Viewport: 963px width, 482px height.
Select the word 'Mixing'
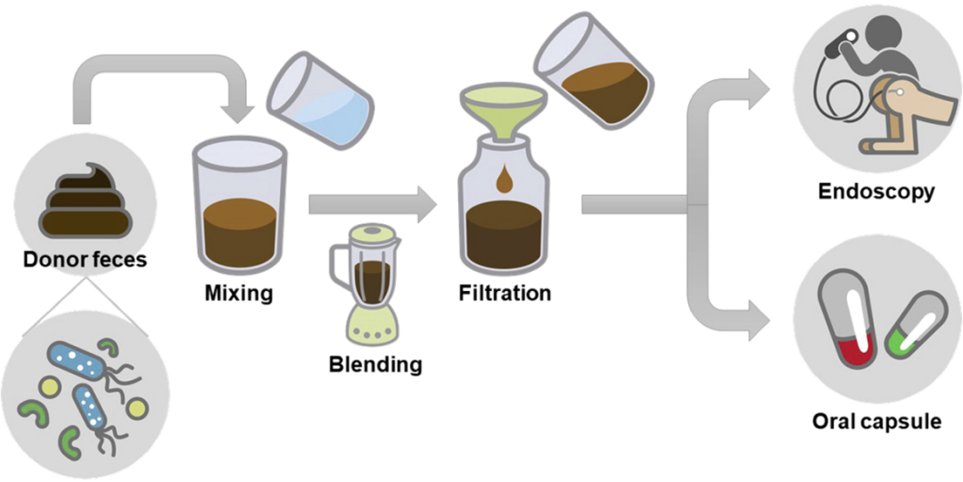pyautogui.click(x=238, y=293)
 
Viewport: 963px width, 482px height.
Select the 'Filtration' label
pyautogui.click(x=505, y=292)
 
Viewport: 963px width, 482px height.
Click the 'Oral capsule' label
pyautogui.click(x=877, y=421)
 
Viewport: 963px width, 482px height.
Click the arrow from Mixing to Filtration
pyautogui.click(x=372, y=203)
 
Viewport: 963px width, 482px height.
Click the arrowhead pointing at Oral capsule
pyautogui.click(x=758, y=319)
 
